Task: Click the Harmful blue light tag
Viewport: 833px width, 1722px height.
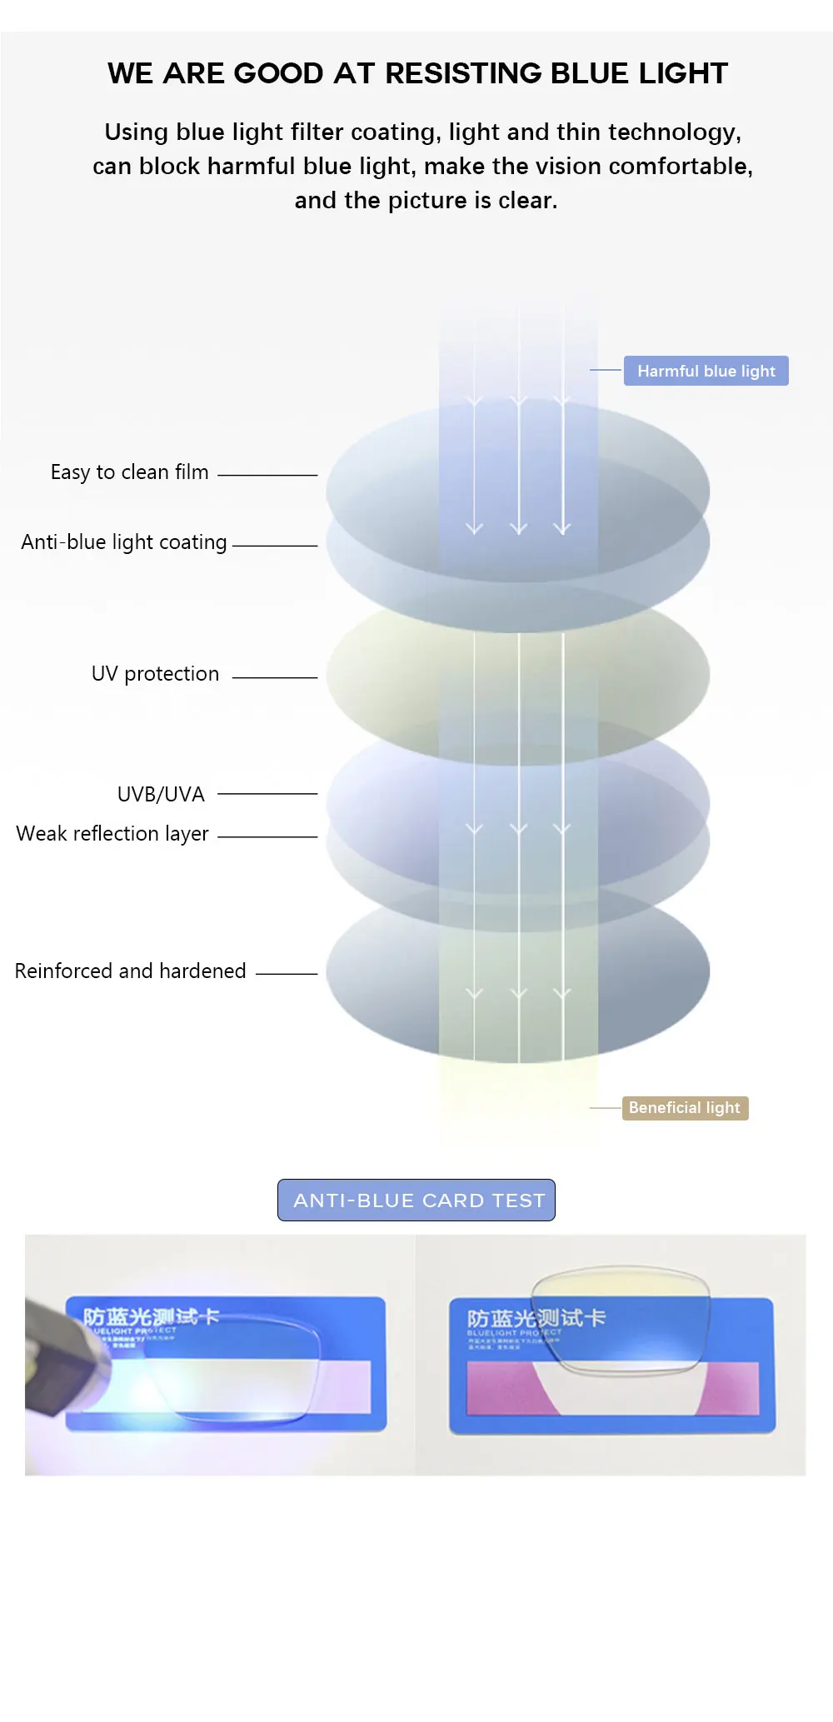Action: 706,371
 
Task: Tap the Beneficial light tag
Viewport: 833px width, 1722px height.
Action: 685,1108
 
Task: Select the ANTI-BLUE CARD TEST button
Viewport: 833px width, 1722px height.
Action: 416,1200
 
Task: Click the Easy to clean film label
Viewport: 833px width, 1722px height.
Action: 129,472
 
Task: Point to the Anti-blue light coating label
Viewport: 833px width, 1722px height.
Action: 124,542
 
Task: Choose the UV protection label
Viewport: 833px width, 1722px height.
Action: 155,674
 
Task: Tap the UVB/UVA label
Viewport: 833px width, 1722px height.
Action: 161,795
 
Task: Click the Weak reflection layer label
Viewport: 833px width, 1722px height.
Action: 112,834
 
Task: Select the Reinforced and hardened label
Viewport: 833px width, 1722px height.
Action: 130,971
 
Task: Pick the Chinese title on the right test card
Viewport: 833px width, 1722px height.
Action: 536,1319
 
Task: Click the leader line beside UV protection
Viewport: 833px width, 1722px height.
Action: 275,678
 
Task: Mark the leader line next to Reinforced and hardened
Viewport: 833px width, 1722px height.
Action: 287,974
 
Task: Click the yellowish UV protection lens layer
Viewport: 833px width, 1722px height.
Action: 392,675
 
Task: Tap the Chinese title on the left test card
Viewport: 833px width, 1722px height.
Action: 150,1316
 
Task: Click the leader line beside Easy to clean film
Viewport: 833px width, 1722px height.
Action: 267,476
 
